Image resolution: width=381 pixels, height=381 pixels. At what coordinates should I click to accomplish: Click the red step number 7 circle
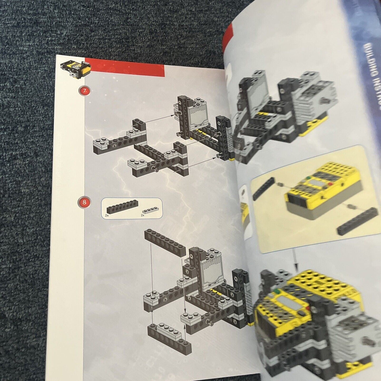point(84,91)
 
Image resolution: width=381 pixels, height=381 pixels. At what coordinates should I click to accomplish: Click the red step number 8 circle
point(84,202)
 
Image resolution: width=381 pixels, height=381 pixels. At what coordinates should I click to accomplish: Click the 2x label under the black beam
point(107,216)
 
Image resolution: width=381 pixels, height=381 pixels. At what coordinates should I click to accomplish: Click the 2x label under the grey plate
point(143,215)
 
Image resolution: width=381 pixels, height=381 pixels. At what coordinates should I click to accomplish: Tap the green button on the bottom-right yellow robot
point(277,291)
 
